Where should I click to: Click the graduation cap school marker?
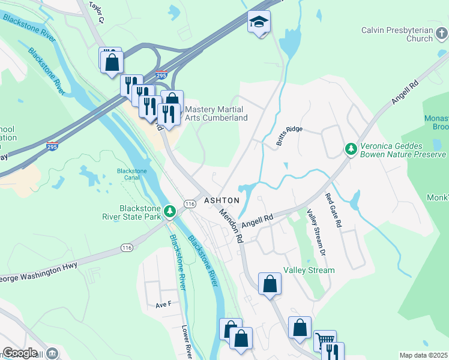coord(259,23)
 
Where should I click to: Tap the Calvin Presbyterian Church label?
coord(397,34)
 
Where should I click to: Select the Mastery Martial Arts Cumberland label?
coord(216,113)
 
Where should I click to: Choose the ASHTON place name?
coord(221,200)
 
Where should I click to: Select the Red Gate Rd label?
coord(333,210)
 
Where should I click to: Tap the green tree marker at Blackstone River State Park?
coord(170,211)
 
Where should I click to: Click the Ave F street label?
coord(163,304)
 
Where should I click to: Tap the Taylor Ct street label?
coord(96,12)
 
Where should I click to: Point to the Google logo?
coord(19,353)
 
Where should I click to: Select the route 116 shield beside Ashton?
coord(190,205)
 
